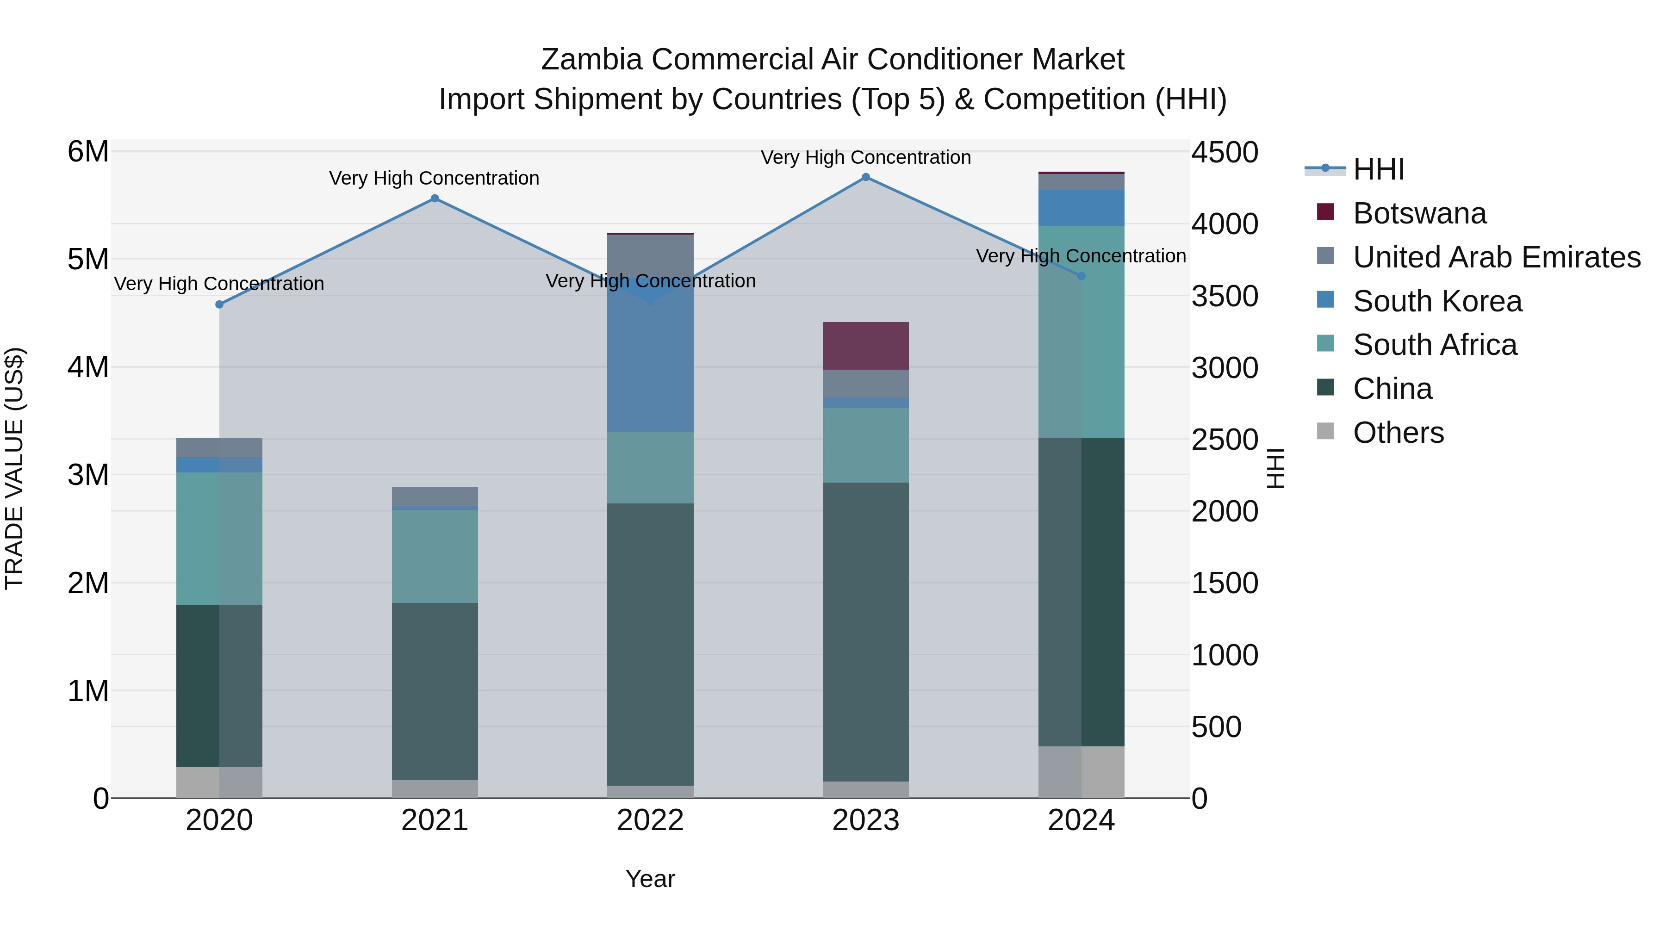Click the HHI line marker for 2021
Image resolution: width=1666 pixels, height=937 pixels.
(x=435, y=199)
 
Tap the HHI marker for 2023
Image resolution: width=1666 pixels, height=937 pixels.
(x=866, y=177)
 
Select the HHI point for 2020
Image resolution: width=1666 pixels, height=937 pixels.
(x=219, y=304)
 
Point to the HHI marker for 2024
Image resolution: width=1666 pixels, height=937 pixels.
(x=1082, y=276)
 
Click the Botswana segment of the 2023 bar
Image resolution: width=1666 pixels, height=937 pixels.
(x=865, y=346)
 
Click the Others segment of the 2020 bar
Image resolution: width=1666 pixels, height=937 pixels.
(x=219, y=782)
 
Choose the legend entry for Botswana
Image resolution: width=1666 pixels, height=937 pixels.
(x=1420, y=213)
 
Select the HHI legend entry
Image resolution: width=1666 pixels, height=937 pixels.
(x=1378, y=169)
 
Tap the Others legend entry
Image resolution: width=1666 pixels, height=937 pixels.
(x=1398, y=433)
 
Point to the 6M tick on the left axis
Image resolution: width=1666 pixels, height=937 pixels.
(x=88, y=153)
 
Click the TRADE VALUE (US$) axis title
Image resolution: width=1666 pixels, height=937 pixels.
(x=14, y=468)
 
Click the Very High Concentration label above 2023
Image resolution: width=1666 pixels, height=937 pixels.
(x=865, y=157)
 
